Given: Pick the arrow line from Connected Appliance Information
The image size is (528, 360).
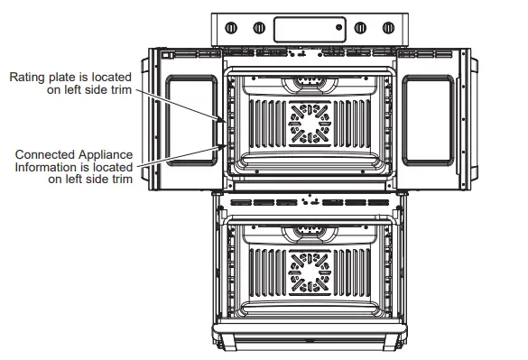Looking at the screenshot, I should tap(181, 152).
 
